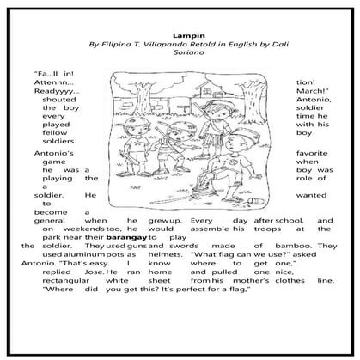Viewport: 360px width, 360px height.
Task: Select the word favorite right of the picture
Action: pyautogui.click(x=314, y=154)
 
